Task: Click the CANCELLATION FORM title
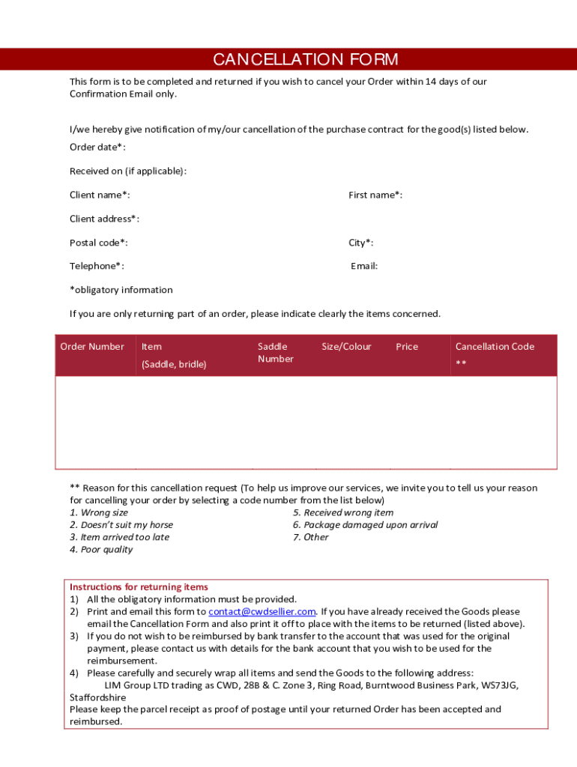(x=305, y=60)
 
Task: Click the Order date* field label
(x=97, y=148)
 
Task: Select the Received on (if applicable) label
(x=128, y=172)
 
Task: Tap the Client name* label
(x=100, y=195)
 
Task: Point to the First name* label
(x=375, y=195)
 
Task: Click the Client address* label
(x=104, y=219)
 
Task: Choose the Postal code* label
(x=98, y=243)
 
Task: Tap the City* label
(x=360, y=243)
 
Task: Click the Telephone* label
(x=97, y=266)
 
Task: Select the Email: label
(x=364, y=266)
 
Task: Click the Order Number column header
(x=92, y=347)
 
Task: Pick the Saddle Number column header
(x=275, y=353)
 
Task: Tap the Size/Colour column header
(x=346, y=347)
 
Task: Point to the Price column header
(x=407, y=347)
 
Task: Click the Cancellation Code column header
(x=495, y=347)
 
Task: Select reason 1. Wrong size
(x=99, y=513)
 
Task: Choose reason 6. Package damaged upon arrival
(x=365, y=525)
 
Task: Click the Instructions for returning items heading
(x=139, y=587)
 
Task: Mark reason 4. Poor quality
(x=101, y=550)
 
